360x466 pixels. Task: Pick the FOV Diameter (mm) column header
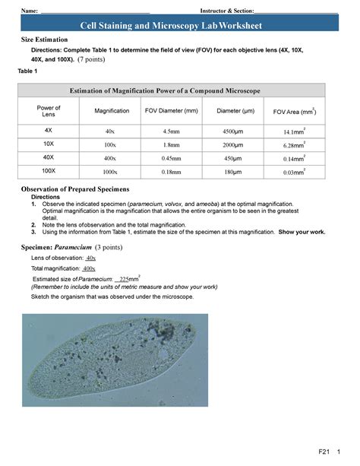tap(171, 112)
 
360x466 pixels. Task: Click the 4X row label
tap(49, 130)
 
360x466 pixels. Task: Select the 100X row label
tap(49, 172)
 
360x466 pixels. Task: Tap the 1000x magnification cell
tap(111, 173)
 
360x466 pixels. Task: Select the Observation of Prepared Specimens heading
tap(74, 188)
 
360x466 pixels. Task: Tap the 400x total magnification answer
tap(89, 269)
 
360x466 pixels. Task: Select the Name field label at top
tap(30, 11)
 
